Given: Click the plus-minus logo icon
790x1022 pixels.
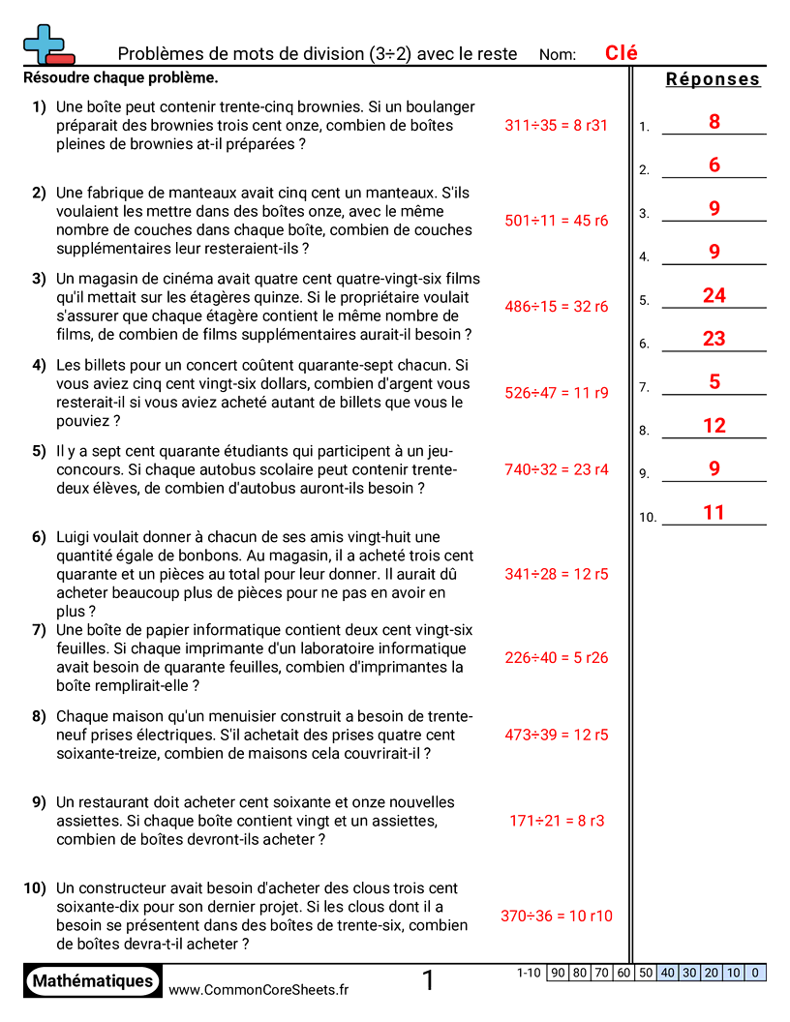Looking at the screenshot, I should (46, 45).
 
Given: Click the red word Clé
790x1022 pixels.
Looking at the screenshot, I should (621, 53).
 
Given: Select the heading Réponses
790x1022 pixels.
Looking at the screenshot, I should (713, 79).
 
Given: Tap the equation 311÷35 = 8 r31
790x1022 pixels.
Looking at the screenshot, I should (556, 125).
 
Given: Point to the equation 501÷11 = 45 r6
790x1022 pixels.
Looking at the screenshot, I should (556, 221).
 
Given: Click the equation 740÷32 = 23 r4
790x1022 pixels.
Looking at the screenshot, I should (556, 469).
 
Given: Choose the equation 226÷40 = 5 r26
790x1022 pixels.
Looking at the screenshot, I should (556, 658).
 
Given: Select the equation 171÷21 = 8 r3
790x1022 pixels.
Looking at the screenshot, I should (556, 821).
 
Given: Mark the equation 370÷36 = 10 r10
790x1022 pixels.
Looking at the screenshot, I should (556, 916).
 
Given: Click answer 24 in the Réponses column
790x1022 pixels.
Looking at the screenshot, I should (714, 296).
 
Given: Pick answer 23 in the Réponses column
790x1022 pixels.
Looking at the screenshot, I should (714, 339).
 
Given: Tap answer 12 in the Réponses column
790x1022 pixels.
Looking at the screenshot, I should (714, 426).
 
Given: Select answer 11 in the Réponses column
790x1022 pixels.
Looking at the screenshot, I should (714, 513).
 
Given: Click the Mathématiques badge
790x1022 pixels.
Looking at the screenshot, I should (92, 980).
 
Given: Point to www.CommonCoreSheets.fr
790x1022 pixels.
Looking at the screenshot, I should (258, 989).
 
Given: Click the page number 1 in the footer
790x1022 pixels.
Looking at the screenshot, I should (429, 981).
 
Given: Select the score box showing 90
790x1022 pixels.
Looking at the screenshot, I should (559, 973).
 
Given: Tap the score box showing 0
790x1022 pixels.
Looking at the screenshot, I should (755, 973).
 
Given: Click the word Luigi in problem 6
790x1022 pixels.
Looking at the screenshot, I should (76, 536).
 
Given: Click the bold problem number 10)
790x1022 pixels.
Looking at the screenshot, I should (35, 887).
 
